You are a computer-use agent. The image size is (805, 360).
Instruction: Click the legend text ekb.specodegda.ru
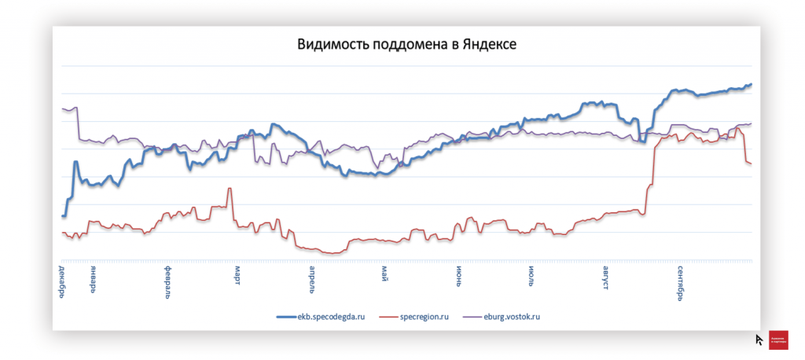(x=333, y=317)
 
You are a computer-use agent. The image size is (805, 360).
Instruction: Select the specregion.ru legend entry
(x=425, y=317)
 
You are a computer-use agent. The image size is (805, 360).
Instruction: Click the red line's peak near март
(x=230, y=189)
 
